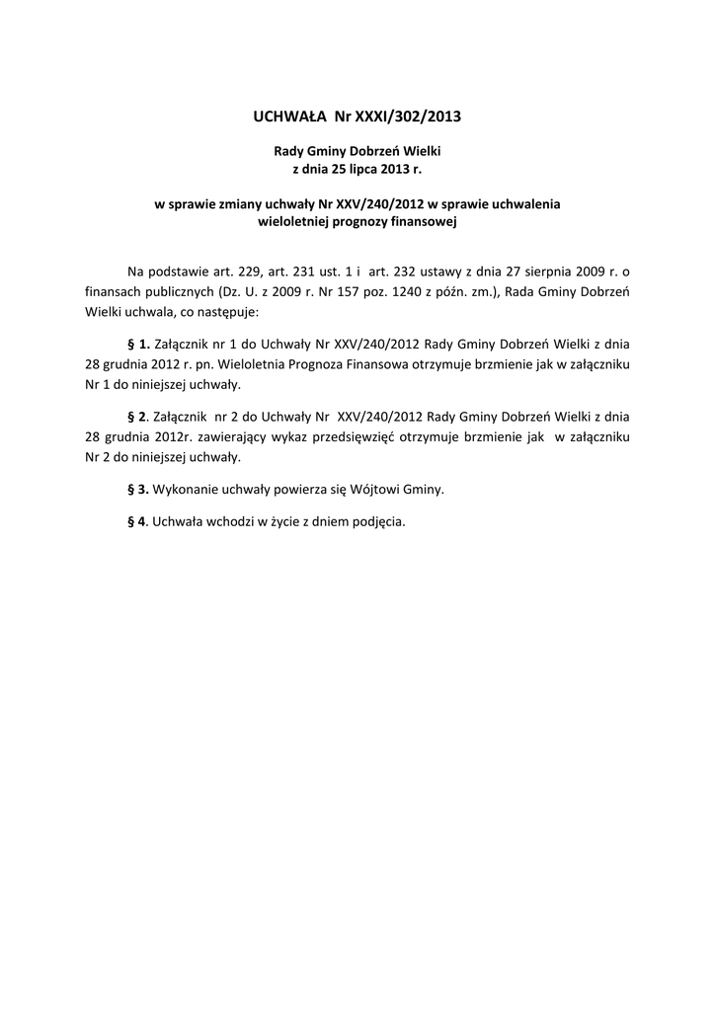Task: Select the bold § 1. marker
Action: click(x=139, y=345)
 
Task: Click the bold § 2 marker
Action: click(x=138, y=416)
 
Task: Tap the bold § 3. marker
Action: click(x=139, y=489)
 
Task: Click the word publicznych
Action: click(x=172, y=292)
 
